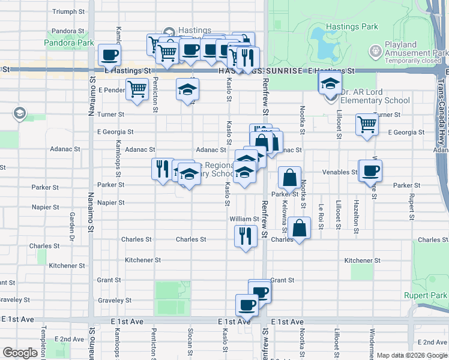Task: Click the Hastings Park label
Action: (x=352, y=26)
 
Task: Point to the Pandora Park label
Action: (x=69, y=43)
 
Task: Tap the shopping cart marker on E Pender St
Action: (x=137, y=90)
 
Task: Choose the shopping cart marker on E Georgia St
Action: (x=366, y=125)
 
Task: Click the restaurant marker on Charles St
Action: (x=246, y=236)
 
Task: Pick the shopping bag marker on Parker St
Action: (x=289, y=178)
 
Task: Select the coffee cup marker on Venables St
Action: (x=370, y=171)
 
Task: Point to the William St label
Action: (x=244, y=220)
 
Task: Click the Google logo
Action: (x=20, y=353)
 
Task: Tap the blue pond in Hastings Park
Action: (x=325, y=44)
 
